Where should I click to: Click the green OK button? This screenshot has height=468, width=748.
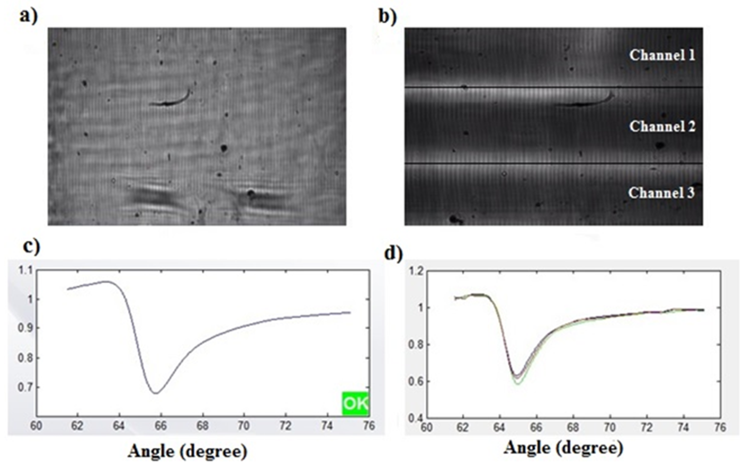[355, 403]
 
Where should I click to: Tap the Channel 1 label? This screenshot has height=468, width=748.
[662, 55]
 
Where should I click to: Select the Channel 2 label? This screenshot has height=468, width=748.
[662, 127]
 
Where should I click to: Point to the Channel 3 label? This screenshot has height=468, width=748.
[661, 193]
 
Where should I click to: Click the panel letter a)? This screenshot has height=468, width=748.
[29, 16]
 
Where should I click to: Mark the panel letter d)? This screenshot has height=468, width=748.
[393, 253]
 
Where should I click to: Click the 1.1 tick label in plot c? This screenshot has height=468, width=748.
[25, 271]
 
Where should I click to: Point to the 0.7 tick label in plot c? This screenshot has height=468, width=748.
[25, 387]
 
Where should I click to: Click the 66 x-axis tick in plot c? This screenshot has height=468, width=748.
[161, 426]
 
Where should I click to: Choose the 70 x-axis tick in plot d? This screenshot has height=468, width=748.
[610, 427]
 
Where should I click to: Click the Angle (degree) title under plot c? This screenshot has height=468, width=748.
[188, 451]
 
